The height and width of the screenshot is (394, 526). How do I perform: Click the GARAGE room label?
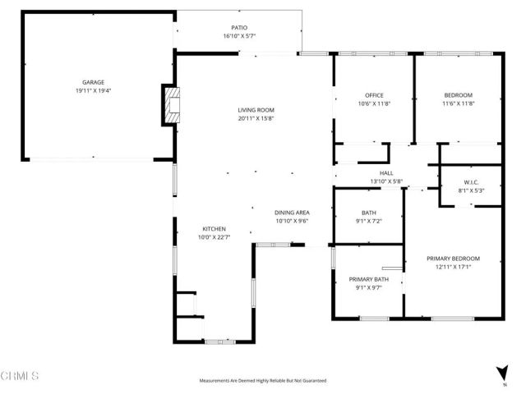pos(92,83)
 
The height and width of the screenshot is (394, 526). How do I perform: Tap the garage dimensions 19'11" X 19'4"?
pos(92,92)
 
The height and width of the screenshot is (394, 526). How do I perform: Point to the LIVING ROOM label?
pos(256,110)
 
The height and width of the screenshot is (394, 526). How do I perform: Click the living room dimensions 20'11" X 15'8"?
pos(256,119)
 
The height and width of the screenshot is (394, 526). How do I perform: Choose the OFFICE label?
pos(374,95)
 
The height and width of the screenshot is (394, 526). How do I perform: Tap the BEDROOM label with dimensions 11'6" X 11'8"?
pos(459,95)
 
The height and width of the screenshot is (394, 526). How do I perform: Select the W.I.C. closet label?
pos(471,182)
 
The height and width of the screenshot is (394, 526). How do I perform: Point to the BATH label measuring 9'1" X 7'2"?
pos(368,213)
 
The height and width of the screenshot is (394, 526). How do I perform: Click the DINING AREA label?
pos(292,213)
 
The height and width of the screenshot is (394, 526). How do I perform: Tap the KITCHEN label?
pos(215,229)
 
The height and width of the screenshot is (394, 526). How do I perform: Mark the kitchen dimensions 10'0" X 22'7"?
pos(215,238)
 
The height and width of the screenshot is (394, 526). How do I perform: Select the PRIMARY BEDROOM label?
pos(453,259)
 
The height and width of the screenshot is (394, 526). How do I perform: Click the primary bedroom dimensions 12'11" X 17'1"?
pos(453,268)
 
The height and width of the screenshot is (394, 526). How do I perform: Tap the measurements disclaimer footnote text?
pos(263,381)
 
